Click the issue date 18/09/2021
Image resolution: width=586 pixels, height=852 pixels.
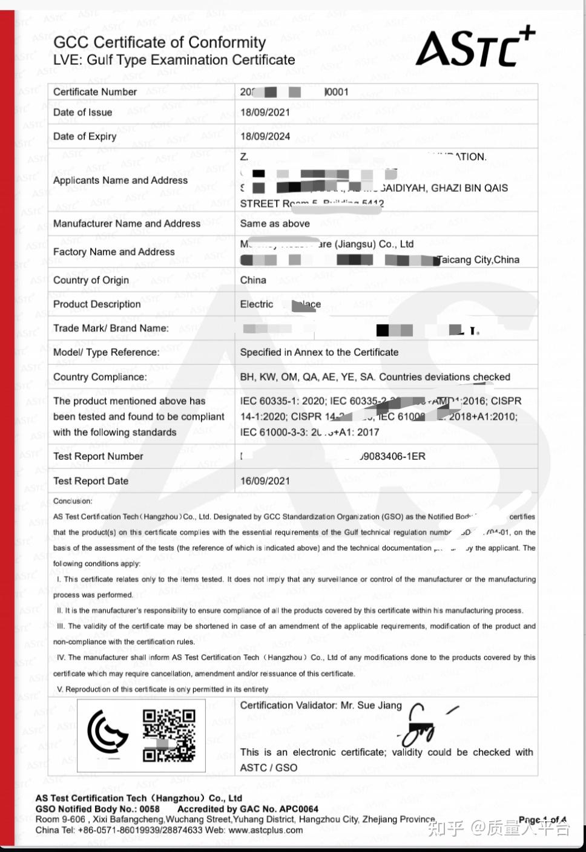(265, 112)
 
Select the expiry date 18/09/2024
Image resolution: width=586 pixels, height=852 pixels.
(265, 136)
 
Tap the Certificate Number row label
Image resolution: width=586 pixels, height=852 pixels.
(95, 92)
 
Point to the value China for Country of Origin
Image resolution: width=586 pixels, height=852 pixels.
(253, 280)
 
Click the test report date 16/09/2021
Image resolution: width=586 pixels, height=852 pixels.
(265, 481)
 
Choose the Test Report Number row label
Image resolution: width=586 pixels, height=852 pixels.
(98, 456)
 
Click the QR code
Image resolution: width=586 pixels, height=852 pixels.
(169, 735)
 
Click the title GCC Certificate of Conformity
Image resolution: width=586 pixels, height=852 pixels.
(160, 42)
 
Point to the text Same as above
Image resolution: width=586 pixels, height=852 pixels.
(275, 223)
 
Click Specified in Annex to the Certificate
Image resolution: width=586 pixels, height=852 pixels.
(319, 352)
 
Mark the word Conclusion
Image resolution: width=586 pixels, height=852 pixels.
(73, 501)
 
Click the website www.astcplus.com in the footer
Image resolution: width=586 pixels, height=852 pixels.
(265, 830)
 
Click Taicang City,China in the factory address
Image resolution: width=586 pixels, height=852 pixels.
(478, 260)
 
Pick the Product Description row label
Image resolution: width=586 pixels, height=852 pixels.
(97, 304)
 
